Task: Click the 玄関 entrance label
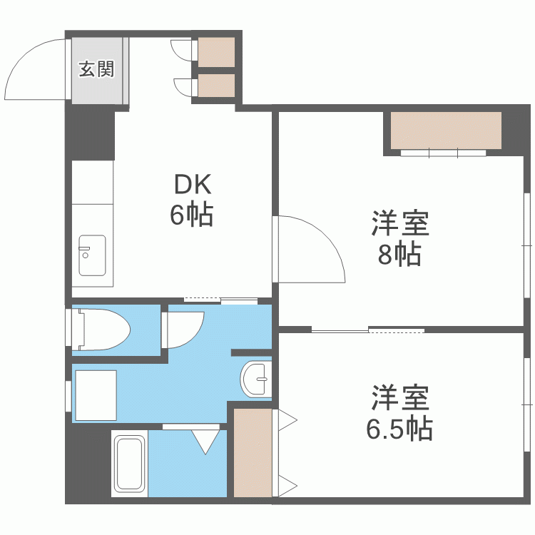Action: (x=96, y=69)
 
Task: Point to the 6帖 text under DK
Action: (x=192, y=215)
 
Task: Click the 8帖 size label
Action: (x=399, y=254)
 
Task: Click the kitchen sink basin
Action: (x=92, y=255)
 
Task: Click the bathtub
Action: (x=129, y=464)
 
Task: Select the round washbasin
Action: (x=256, y=377)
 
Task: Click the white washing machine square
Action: (x=95, y=394)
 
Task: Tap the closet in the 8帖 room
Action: (x=446, y=130)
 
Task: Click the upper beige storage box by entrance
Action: (x=216, y=51)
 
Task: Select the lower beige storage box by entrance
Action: (x=216, y=85)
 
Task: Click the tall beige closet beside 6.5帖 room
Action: (x=253, y=453)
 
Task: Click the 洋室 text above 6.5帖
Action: (x=399, y=398)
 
